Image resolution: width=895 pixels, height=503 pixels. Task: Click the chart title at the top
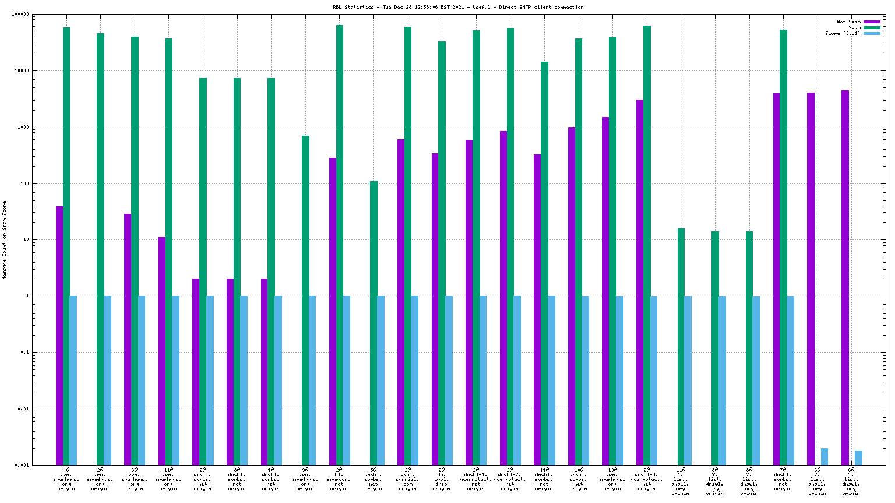[x=457, y=7]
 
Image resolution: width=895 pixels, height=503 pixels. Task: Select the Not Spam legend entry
[x=848, y=22]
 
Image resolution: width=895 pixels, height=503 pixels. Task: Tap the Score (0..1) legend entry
[x=842, y=33]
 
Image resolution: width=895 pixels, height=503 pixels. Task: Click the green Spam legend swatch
[x=872, y=27]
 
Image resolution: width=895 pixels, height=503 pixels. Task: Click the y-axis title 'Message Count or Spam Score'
[x=5, y=240]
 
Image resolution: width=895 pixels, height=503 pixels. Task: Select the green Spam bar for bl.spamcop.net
[x=340, y=245]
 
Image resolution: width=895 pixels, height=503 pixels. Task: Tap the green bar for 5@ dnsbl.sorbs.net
[x=373, y=323]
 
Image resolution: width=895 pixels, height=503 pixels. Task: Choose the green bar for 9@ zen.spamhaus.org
[x=305, y=300]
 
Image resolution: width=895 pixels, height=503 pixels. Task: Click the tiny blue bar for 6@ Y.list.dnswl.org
[x=858, y=458]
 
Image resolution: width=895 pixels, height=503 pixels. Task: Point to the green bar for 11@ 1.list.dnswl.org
[x=681, y=346]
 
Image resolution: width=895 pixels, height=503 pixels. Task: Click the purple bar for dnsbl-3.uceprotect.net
[x=640, y=282]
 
